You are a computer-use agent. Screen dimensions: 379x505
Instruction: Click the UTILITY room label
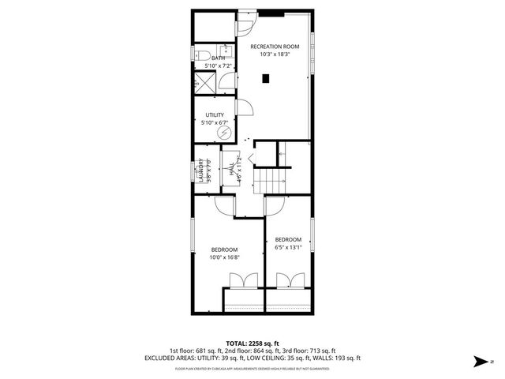(215, 114)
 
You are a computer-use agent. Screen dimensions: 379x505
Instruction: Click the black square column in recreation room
(267, 77)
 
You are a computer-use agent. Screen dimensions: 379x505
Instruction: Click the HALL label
(231, 169)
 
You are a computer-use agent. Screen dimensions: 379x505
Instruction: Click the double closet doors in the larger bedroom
(242, 280)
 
